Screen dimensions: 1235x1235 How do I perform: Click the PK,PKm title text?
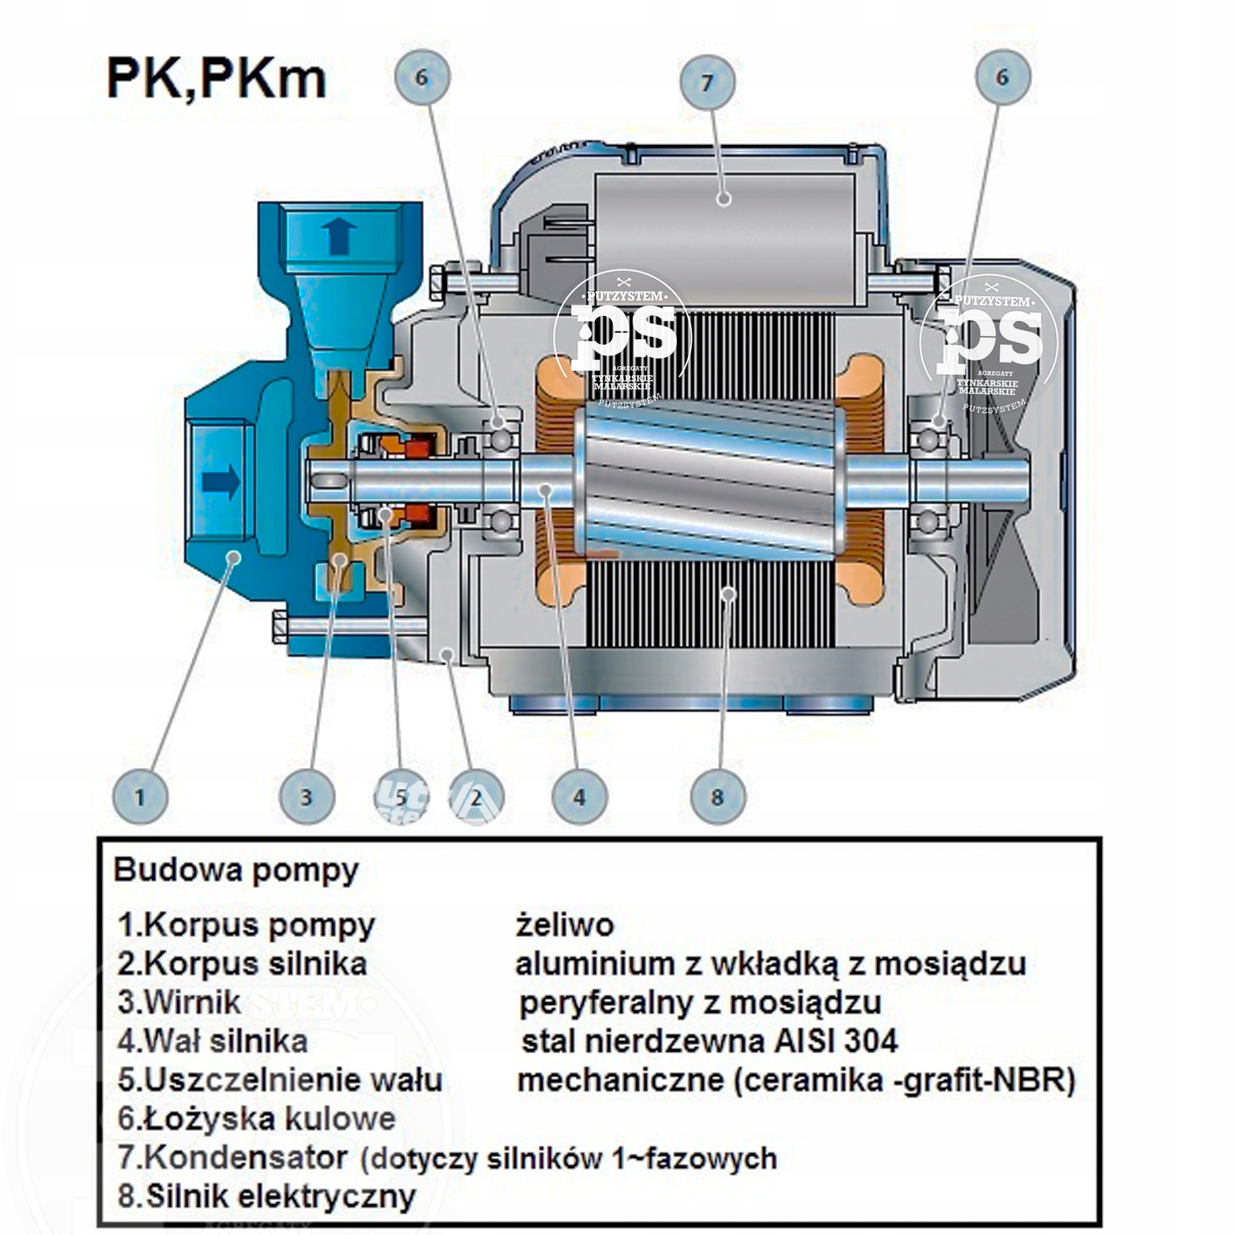coord(216,79)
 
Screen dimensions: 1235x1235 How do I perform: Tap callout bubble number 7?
coord(707,82)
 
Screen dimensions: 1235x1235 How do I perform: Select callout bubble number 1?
coord(140,797)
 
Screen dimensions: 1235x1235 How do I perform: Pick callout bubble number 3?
coord(307,797)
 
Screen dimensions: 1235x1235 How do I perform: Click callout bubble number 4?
coord(579,797)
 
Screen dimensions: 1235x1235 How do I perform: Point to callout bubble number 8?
coord(718,797)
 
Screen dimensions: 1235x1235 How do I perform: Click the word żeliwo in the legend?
coord(564,924)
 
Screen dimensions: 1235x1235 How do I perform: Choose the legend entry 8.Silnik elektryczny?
coord(267,1195)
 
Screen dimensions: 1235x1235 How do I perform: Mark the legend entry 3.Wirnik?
coord(179,1002)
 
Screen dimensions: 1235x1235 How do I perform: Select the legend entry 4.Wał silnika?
coord(212,1042)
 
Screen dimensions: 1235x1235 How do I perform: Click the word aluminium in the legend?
coord(594,964)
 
